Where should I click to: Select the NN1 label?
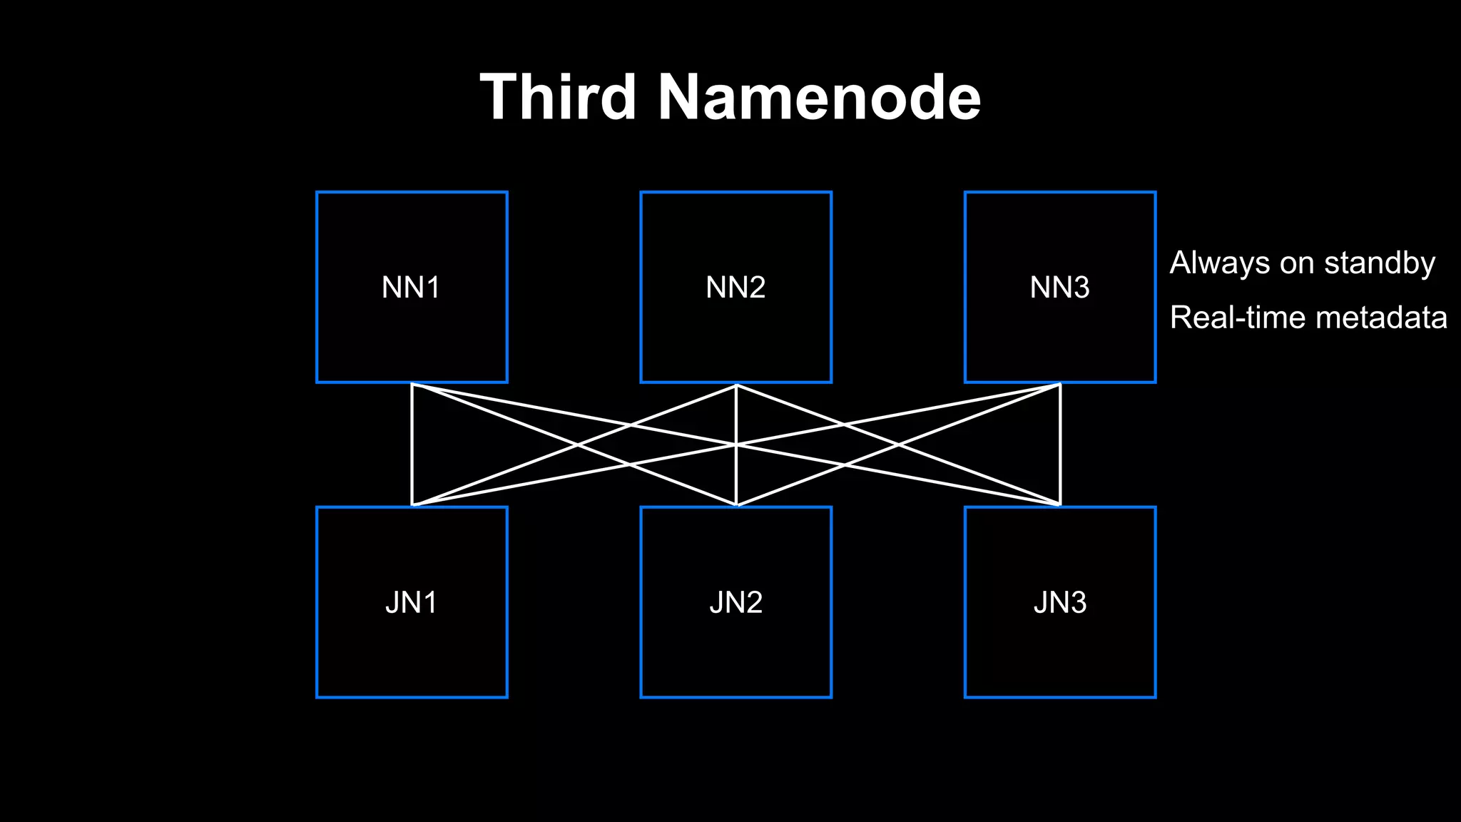pyautogui.click(x=411, y=288)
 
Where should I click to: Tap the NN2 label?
pyautogui.click(x=735, y=288)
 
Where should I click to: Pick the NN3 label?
pyautogui.click(x=1059, y=288)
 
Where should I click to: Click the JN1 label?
pyautogui.click(x=411, y=603)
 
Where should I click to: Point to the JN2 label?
pyautogui.click(x=735, y=603)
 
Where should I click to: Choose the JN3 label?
pyautogui.click(x=1059, y=603)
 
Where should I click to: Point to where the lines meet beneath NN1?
pyautogui.click(x=412, y=385)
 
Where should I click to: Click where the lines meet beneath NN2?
pyautogui.click(x=736, y=385)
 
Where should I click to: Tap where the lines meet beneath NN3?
pyautogui.click(x=1060, y=385)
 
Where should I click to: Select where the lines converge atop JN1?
pyautogui.click(x=412, y=504)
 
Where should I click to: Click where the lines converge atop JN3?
pyautogui.click(x=1060, y=504)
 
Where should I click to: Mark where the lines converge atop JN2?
pyautogui.click(x=736, y=504)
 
